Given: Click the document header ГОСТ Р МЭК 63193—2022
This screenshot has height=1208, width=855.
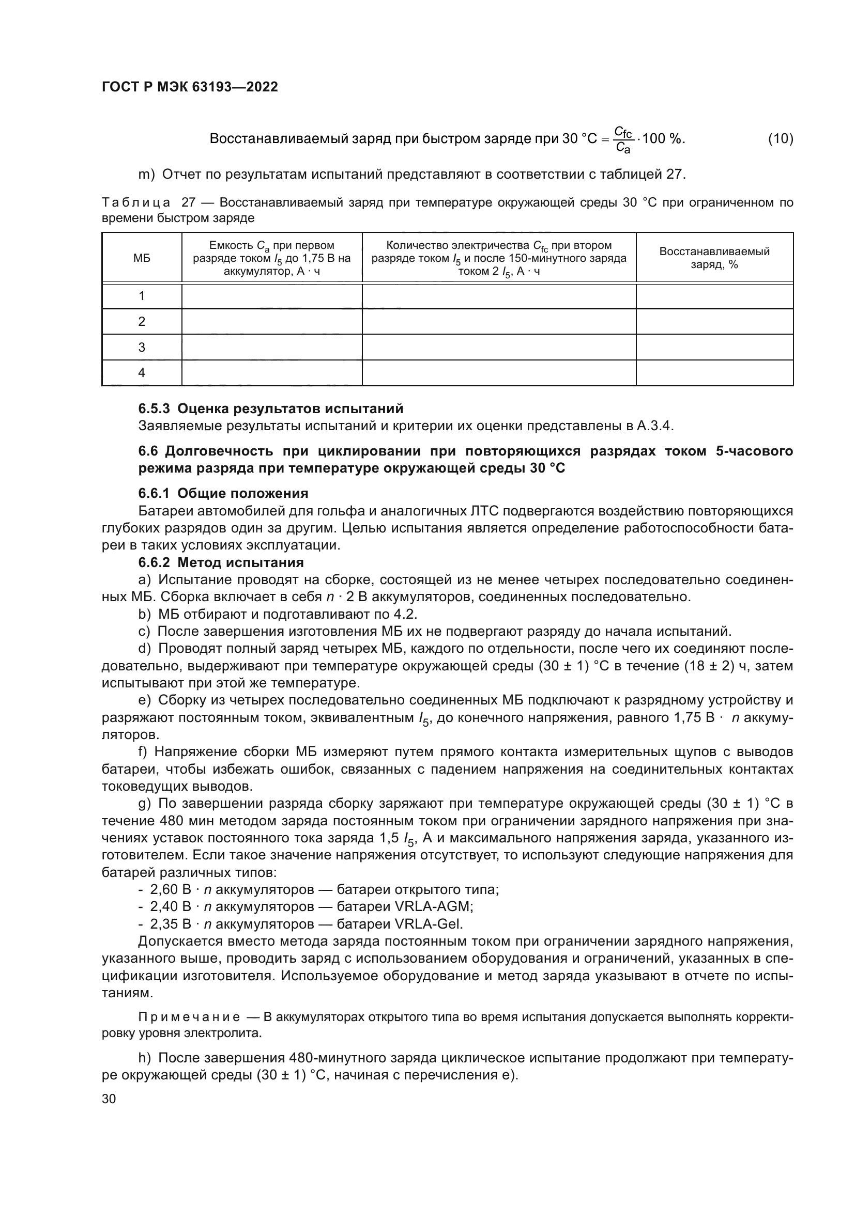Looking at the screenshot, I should click(x=190, y=87).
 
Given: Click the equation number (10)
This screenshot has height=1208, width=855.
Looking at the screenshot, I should click(x=780, y=139).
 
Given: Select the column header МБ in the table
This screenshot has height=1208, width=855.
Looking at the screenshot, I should click(x=142, y=258).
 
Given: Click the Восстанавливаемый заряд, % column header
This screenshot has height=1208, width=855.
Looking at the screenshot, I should click(x=714, y=258).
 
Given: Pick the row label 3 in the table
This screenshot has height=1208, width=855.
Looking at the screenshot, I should click(x=142, y=347).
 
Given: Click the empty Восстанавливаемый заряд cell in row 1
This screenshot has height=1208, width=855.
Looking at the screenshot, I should click(x=714, y=296).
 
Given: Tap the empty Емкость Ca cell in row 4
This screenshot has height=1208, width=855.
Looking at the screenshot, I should click(x=272, y=373).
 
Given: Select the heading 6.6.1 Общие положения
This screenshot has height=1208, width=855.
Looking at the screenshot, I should click(x=223, y=494).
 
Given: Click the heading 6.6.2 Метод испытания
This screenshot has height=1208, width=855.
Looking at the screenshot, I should click(x=221, y=562).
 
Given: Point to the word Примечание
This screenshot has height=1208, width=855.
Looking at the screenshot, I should click(x=189, y=1017).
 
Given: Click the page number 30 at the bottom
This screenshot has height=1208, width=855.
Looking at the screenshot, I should click(x=109, y=1099).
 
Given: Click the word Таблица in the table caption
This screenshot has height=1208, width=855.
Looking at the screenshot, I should click(x=136, y=202).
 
